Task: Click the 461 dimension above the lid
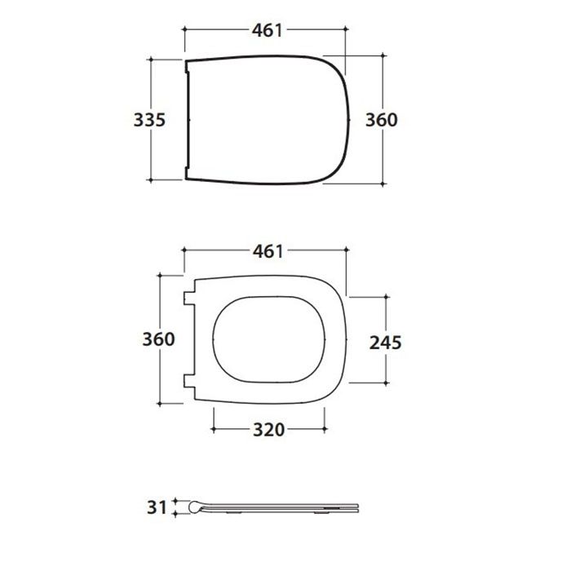pos(268,31)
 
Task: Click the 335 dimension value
pos(149,120)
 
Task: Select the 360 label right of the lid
pos(381,120)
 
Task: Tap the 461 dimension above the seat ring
pos(268,251)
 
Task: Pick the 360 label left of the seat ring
pos(158,339)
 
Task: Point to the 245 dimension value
pos(385,343)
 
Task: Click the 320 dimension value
pos(268,430)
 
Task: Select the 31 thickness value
pos(157,507)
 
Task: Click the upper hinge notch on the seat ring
pos(189,299)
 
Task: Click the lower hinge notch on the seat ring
pos(189,381)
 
